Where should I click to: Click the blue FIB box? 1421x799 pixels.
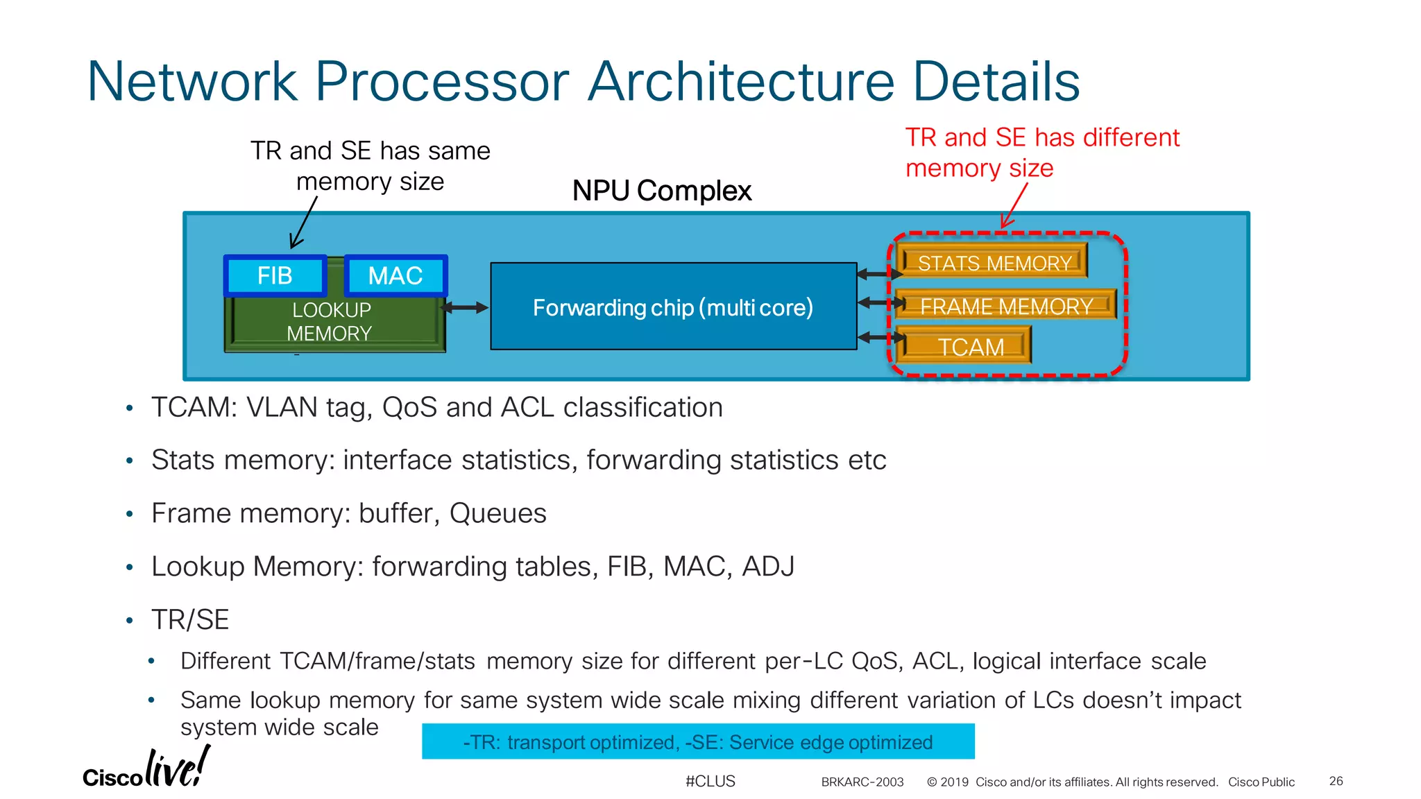275,276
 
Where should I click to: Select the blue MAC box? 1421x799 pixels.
395,276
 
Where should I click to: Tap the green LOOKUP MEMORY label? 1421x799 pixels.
331,322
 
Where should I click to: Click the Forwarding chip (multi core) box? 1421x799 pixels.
673,307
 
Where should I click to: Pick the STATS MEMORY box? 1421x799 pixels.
994,263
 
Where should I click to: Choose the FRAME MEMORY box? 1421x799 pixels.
1005,306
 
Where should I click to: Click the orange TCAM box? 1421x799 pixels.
970,347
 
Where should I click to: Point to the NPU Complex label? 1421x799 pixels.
661,191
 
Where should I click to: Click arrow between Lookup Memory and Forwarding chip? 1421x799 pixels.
466,307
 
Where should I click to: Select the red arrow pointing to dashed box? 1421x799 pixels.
1014,206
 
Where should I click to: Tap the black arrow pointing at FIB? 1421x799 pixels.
303,223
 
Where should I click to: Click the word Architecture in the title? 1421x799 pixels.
741,82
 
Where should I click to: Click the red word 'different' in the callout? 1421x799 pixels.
1130,137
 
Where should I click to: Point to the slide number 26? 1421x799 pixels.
1336,781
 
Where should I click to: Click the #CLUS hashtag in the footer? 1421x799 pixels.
710,781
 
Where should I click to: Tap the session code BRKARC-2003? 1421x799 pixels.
862,782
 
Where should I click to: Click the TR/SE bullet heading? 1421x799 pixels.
190,619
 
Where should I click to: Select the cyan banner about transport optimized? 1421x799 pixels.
697,741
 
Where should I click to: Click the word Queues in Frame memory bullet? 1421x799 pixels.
497,513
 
